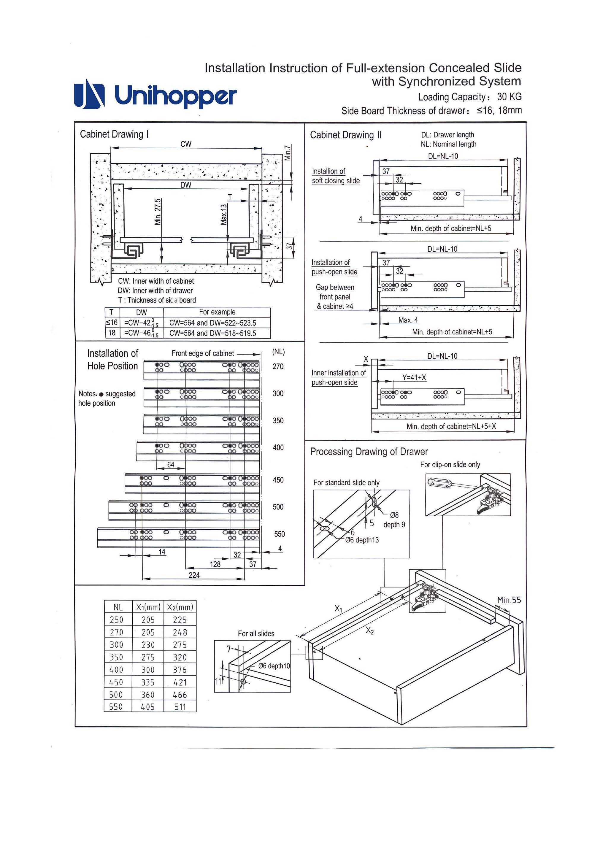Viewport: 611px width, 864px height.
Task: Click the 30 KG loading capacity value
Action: pyautogui.click(x=509, y=97)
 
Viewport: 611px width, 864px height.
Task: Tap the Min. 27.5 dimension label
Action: pyautogui.click(x=158, y=212)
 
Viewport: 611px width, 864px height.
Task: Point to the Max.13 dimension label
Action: pyautogui.click(x=224, y=215)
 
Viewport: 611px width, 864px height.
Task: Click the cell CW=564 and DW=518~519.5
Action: pyautogui.click(x=212, y=333)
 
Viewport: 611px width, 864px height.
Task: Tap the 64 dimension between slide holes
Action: pyautogui.click(x=171, y=465)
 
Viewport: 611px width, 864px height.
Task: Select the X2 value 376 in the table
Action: pyautogui.click(x=180, y=670)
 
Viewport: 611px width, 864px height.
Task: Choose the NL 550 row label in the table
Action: pyautogui.click(x=116, y=707)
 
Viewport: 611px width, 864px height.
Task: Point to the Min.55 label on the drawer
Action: pyautogui.click(x=509, y=600)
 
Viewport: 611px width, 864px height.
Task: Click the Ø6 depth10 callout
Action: pyautogui.click(x=274, y=666)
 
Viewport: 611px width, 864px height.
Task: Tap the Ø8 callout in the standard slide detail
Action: pyautogui.click(x=394, y=515)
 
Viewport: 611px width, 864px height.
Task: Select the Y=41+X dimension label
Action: pyautogui.click(x=414, y=377)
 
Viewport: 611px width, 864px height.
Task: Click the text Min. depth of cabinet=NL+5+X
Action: pyautogui.click(x=451, y=426)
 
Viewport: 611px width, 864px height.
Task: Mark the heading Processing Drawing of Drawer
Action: pyautogui.click(x=369, y=452)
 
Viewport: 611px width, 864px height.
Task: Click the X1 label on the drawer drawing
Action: pyautogui.click(x=339, y=609)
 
